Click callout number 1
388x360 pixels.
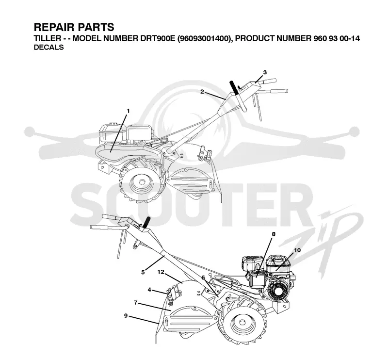pyautogui.click(x=128, y=112)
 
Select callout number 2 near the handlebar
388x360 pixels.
pyautogui.click(x=202, y=92)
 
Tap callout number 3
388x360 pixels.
pyautogui.click(x=265, y=73)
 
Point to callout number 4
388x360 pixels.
pyautogui.click(x=149, y=290)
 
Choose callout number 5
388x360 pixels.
pyautogui.click(x=143, y=272)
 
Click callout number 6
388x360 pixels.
pyautogui.click(x=203, y=278)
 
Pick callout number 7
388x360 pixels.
pyautogui.click(x=136, y=303)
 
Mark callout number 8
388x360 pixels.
pyautogui.click(x=274, y=234)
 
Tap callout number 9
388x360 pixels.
pyautogui.click(x=126, y=316)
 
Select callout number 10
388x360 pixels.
pyautogui.click(x=297, y=250)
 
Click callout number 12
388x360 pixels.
pyautogui.click(x=161, y=272)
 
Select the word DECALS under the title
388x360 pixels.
pyautogui.click(x=49, y=47)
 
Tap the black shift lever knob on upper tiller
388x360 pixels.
pyautogui.click(x=234, y=87)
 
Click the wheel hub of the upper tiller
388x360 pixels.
pyautogui.click(x=142, y=182)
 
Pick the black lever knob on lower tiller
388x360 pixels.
pyautogui.click(x=146, y=221)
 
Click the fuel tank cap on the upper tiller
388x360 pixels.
pyautogui.click(x=114, y=123)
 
